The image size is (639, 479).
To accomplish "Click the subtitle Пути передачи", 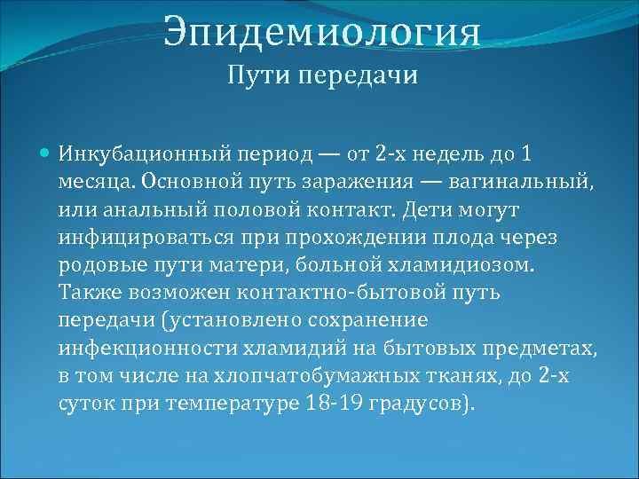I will tap(322, 76).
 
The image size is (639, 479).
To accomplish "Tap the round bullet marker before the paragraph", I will tap(47, 154).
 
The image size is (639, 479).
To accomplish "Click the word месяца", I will tap(91, 182).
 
